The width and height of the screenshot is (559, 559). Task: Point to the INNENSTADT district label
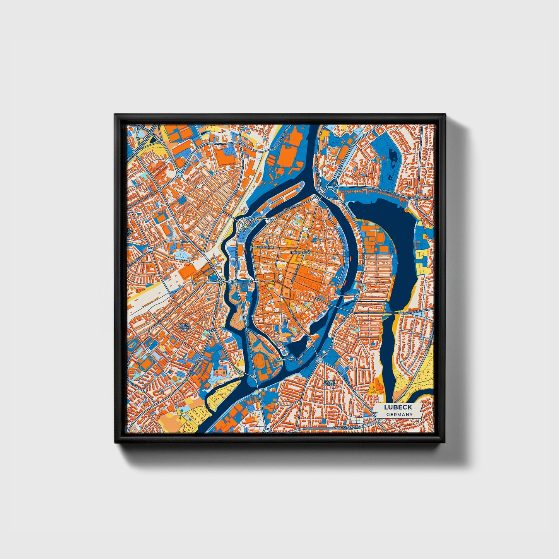(x=301, y=252)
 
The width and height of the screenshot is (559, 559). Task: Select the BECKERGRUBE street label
(x=263, y=246)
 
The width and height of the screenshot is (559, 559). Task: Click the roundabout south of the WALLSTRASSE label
(x=320, y=360)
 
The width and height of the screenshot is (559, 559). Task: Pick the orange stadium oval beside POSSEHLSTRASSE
(x=259, y=362)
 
